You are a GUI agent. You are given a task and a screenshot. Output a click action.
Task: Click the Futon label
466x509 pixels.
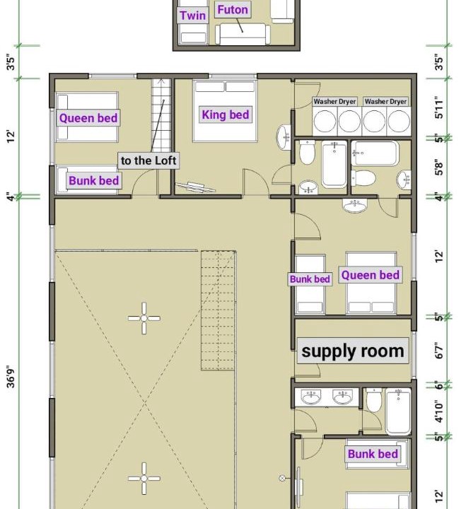click(x=233, y=10)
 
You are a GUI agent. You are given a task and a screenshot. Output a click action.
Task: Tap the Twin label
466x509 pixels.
click(x=193, y=16)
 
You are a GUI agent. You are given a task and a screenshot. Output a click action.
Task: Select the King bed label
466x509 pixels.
click(x=226, y=115)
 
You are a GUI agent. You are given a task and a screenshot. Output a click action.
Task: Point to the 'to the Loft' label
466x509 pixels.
click(x=148, y=160)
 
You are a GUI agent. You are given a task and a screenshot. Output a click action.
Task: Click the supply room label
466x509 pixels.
click(x=353, y=351)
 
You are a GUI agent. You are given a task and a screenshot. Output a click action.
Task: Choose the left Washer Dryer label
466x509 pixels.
click(x=334, y=101)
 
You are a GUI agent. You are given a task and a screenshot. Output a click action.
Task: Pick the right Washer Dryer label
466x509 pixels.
click(x=385, y=101)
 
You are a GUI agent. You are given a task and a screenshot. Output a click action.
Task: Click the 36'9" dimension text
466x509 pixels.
click(x=11, y=378)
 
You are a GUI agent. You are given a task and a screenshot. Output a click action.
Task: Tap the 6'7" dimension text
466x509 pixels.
click(x=438, y=350)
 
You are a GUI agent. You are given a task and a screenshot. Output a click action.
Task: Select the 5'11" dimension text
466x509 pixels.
click(x=438, y=107)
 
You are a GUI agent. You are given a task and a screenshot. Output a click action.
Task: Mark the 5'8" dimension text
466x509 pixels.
click(x=438, y=167)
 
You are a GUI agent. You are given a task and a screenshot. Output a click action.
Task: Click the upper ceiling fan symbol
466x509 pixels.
click(x=144, y=318)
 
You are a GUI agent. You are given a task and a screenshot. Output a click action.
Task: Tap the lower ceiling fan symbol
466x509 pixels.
click(x=144, y=478)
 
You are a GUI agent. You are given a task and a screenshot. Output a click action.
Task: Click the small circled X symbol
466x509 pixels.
click(x=282, y=478)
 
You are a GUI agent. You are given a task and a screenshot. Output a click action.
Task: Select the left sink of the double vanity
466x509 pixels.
click(x=311, y=397)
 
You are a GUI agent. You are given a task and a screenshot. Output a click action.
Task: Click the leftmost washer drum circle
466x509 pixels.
click(x=325, y=121)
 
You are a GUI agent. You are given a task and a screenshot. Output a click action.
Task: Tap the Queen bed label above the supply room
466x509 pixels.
click(x=371, y=275)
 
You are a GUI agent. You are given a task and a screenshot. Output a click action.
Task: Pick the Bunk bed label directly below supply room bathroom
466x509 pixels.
click(x=373, y=453)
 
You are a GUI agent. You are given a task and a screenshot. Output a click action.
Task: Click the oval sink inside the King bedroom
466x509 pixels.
click(x=284, y=137)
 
